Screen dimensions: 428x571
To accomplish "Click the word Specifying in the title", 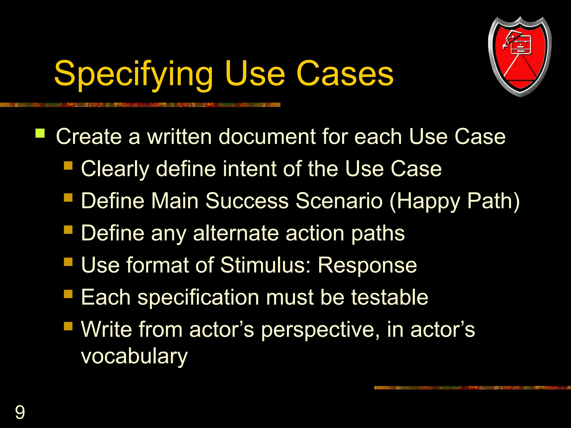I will [134, 74].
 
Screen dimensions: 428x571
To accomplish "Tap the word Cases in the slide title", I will [345, 74].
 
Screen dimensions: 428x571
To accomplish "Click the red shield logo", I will [520, 57].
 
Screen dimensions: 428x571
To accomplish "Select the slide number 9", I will [20, 412].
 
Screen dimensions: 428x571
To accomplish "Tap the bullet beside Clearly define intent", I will [68, 166].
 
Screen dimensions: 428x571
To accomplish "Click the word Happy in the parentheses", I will [428, 201].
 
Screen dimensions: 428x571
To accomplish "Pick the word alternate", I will [236, 233].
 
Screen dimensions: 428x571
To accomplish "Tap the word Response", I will [367, 265].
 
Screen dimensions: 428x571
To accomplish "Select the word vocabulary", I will [134, 356].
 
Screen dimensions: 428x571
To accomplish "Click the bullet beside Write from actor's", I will [68, 326].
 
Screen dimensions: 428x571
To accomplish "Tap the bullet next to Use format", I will [68, 262].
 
